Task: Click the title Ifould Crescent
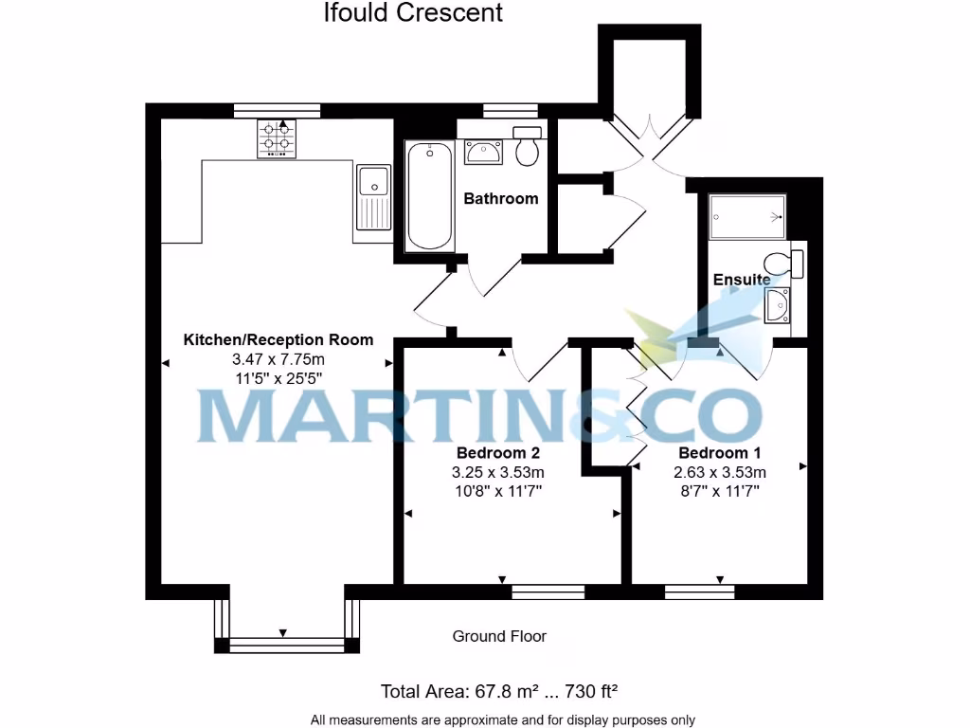click(x=413, y=13)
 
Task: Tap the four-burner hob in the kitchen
click(x=277, y=137)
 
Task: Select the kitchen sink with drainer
click(x=373, y=197)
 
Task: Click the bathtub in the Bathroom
click(x=429, y=196)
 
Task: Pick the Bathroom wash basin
click(x=484, y=151)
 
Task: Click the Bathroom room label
click(x=500, y=198)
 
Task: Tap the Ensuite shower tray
click(x=747, y=215)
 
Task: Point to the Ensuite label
click(x=742, y=280)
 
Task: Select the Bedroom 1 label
click(x=720, y=452)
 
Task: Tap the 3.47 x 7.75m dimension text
click(x=278, y=359)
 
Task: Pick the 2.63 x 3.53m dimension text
click(x=720, y=472)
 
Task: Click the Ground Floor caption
click(x=499, y=636)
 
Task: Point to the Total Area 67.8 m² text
click(x=499, y=690)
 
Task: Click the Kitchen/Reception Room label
click(x=278, y=339)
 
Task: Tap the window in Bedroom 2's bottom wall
click(x=548, y=591)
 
